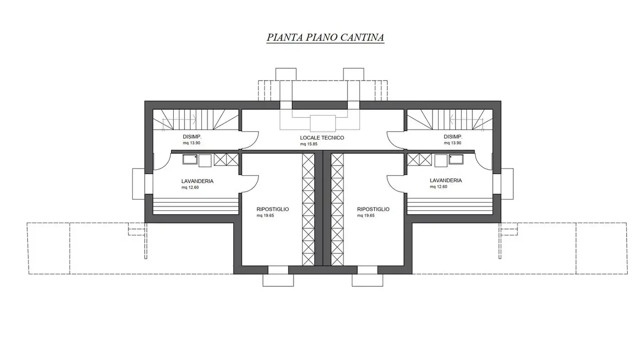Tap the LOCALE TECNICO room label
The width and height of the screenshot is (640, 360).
[x=322, y=138]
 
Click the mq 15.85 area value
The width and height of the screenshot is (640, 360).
[x=308, y=144]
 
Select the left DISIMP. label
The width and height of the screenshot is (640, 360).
[x=192, y=137]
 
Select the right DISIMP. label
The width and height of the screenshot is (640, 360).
[x=453, y=137]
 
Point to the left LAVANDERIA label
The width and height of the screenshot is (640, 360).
[x=197, y=181]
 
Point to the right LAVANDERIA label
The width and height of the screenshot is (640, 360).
[x=446, y=180]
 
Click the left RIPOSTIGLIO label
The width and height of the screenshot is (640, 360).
[x=272, y=209]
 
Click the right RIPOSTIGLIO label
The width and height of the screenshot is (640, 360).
[x=373, y=209]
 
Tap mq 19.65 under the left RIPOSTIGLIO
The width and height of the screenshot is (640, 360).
[x=265, y=216]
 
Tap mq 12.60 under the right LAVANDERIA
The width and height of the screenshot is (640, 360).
[x=439, y=187]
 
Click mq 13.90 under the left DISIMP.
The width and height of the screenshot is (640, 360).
[x=192, y=143]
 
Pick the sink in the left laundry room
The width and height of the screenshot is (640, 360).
[x=190, y=160]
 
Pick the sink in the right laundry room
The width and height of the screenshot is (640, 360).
[x=456, y=160]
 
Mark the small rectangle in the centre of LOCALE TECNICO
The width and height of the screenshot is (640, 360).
[x=323, y=124]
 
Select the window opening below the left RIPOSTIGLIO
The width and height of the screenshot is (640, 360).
[x=278, y=270]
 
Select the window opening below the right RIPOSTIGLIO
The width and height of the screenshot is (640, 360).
[x=368, y=270]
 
